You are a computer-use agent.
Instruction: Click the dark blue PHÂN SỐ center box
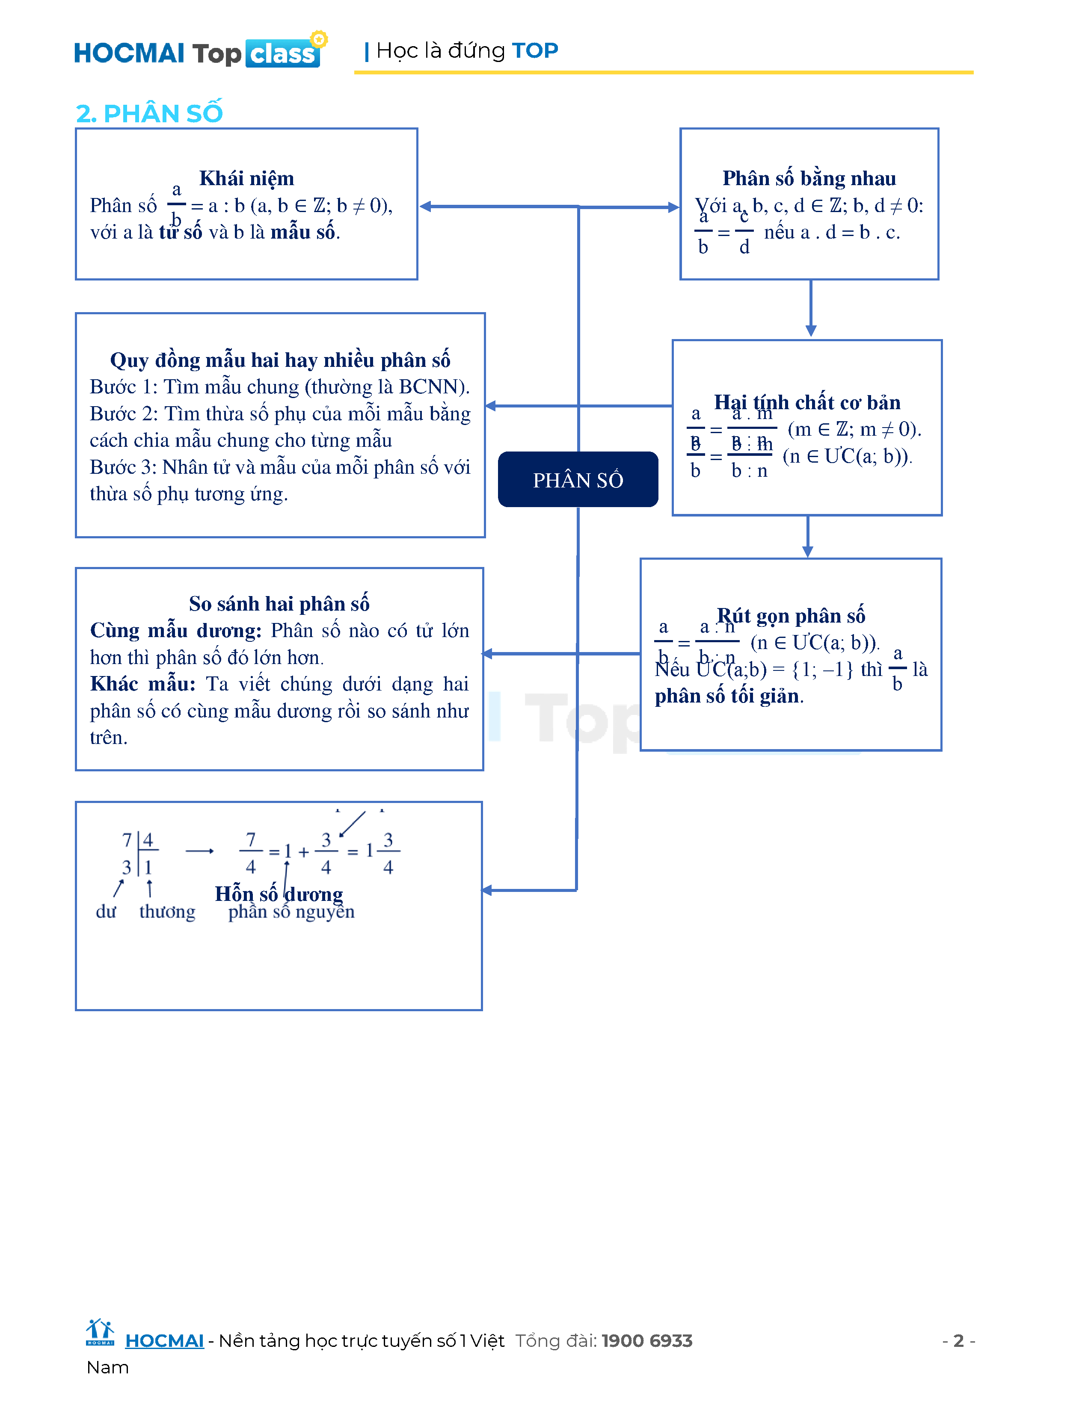coord(578,479)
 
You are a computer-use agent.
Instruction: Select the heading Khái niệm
coord(246,178)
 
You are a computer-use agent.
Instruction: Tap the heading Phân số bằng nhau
coord(809,178)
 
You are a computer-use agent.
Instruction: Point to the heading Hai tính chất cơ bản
coord(806,402)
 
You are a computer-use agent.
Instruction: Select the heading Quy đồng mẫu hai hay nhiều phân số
coord(280,360)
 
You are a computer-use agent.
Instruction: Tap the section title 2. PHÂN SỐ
coord(149,114)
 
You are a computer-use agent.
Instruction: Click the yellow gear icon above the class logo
coord(319,39)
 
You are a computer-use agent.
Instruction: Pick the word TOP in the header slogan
coord(534,50)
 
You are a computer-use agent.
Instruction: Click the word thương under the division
coord(167,912)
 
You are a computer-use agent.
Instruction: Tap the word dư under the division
coord(106,912)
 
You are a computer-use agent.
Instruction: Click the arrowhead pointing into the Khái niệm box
coord(425,207)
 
